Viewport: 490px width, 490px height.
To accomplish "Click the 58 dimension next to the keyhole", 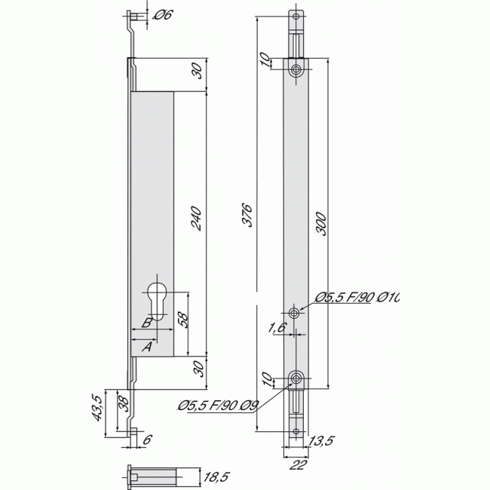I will pos(182,318).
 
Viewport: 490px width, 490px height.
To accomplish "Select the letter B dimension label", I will pos(148,323).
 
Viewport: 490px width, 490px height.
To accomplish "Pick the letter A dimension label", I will pos(147,347).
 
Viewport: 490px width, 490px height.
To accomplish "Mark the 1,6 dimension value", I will pos(277,328).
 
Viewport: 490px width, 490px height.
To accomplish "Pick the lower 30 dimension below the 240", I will pos(197,371).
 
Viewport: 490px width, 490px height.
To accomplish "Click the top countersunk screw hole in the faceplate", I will pos(296,70).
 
